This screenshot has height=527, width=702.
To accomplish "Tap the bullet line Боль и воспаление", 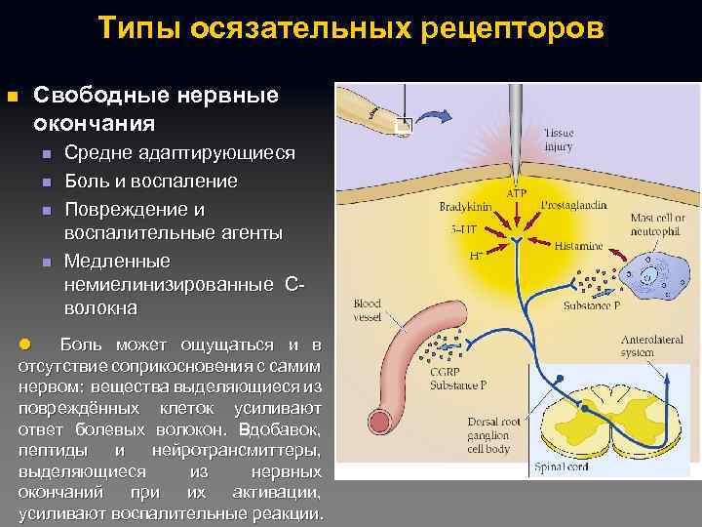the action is (151, 182).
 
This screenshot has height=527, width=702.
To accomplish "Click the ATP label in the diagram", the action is (516, 193).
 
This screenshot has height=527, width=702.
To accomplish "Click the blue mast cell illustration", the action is (650, 272).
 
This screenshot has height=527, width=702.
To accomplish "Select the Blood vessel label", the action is (367, 310).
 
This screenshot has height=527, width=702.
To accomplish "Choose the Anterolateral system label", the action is (651, 347).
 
